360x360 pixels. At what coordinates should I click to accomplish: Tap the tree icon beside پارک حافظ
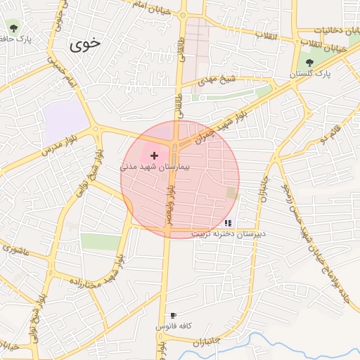point(13,28)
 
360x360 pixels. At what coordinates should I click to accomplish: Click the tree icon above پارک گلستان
point(309,63)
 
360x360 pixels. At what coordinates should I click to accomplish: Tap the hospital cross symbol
point(155,155)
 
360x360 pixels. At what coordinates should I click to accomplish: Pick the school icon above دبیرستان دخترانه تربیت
point(228,222)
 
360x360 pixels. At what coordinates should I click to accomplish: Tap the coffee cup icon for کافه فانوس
point(173,316)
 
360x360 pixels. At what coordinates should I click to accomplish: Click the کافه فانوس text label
point(173,327)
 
